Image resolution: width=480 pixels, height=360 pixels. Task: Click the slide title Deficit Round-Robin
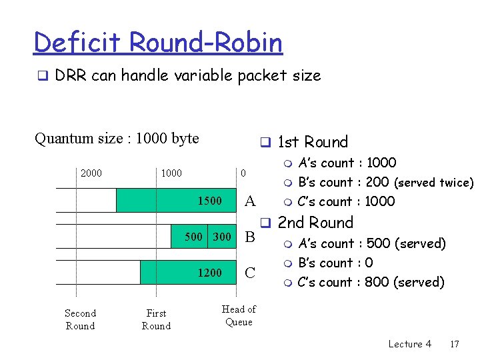(158, 43)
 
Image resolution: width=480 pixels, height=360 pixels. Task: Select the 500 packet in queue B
(193, 236)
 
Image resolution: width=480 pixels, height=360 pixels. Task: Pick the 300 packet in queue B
(222, 236)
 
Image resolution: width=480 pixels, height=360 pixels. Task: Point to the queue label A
(250, 201)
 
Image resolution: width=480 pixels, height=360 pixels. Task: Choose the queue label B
(250, 237)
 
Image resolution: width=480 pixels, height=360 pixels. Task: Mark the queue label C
(250, 273)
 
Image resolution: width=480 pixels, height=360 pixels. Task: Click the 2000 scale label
(91, 173)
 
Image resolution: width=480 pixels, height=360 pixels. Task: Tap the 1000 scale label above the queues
(171, 173)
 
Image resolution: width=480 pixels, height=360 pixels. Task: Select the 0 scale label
(243, 173)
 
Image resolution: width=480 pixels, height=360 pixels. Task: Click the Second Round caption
(80, 319)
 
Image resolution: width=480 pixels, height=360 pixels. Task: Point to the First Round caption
(156, 319)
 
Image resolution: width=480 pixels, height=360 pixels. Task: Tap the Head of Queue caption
(239, 315)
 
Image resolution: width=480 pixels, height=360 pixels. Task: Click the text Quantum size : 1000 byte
(117, 139)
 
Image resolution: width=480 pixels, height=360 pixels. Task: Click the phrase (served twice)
(433, 183)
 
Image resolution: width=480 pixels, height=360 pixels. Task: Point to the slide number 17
(455, 344)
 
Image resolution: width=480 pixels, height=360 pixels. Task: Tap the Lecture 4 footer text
(409, 344)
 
